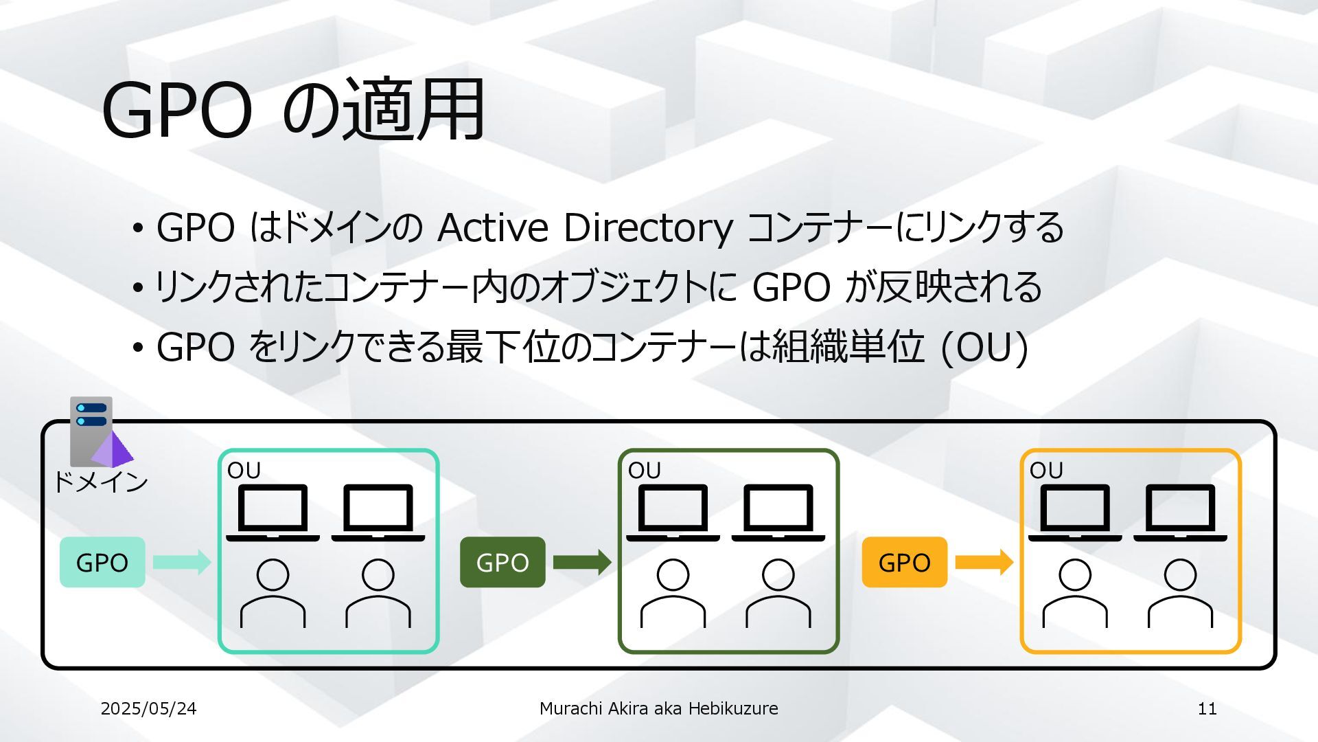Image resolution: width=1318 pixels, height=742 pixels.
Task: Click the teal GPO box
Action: tap(102, 562)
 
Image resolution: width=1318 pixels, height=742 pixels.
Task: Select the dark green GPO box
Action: tap(502, 562)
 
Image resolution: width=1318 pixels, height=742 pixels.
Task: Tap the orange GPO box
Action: tap(904, 562)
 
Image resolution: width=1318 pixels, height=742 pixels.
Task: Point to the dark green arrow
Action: tap(582, 562)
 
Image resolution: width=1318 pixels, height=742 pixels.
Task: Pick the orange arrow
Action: tap(984, 562)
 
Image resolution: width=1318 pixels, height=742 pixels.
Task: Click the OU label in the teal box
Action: tap(244, 471)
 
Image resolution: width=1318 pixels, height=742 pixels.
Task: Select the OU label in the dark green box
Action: tap(644, 471)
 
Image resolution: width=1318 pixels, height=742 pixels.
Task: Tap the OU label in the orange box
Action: tap(1045, 471)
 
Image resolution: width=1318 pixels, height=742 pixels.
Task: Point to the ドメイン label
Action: tap(100, 482)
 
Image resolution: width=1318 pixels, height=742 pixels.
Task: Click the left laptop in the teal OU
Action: tap(273, 513)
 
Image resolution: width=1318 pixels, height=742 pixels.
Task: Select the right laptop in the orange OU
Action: tap(1180, 513)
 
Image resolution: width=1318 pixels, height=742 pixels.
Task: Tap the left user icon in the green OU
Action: tap(673, 592)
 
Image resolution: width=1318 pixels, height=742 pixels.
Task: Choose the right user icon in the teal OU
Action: tap(378, 592)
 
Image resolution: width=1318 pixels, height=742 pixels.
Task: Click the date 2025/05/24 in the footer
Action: tap(148, 708)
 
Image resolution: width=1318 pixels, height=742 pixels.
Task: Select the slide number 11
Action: tap(1207, 708)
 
